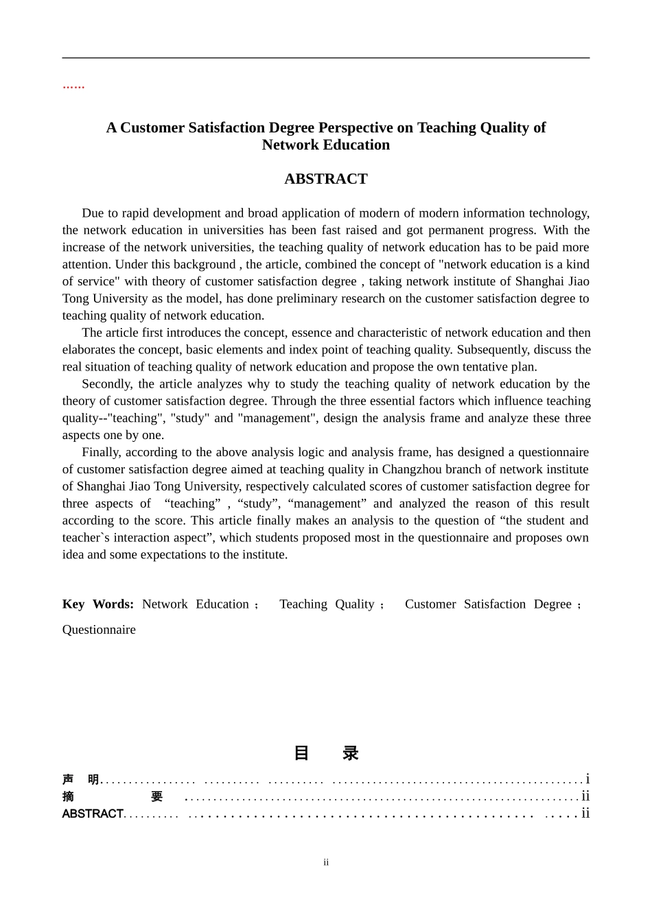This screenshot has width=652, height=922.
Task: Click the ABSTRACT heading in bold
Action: (x=325, y=179)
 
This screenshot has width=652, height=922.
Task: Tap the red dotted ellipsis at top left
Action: (x=73, y=86)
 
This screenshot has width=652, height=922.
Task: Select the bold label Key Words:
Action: (x=97, y=604)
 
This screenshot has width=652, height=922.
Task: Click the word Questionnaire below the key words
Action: (x=99, y=630)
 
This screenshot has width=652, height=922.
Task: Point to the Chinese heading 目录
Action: (x=326, y=753)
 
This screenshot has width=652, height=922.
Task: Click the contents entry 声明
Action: (x=80, y=780)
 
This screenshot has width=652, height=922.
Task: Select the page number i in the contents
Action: (x=587, y=779)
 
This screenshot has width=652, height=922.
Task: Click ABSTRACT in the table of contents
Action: (x=93, y=814)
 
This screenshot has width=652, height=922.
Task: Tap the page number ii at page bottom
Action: (x=326, y=862)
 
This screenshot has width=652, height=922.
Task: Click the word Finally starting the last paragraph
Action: (x=101, y=452)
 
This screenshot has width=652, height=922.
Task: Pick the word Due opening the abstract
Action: (x=93, y=213)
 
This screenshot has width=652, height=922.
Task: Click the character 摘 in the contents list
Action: (x=68, y=796)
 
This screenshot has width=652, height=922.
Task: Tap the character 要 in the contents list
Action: (x=157, y=796)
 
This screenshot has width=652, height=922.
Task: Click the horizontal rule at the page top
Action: (x=326, y=58)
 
